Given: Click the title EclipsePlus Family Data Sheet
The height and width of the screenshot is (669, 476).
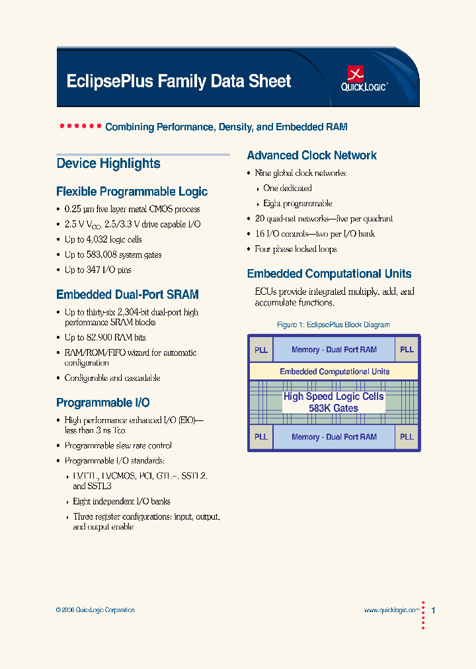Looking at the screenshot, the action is pos(178,81).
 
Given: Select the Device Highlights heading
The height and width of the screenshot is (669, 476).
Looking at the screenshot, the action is pos(108,163).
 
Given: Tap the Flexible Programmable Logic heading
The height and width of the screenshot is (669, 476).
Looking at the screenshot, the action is pos(132,192).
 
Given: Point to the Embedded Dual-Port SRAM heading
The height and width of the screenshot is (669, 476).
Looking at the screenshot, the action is pos(128,295).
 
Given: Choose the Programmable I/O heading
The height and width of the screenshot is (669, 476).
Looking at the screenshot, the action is pos(103,403).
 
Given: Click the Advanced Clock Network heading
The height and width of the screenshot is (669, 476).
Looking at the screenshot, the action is pos(311,155).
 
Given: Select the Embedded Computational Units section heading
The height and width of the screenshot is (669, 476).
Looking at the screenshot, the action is pos(329,274).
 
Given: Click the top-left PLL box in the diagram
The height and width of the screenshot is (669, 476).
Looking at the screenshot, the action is pos(261,350).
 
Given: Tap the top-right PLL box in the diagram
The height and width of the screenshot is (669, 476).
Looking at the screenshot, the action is pos(407,350).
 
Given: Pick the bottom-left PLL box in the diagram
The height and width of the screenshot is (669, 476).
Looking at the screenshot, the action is pos(261,437).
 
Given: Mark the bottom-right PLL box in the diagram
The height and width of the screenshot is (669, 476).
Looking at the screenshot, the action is pos(407,437).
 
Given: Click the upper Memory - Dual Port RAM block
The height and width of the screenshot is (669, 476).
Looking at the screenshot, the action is pos(334,350).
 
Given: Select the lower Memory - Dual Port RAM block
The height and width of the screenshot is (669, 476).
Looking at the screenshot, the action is pos(334,437).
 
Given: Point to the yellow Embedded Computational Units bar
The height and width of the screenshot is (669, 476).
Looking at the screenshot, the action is pos(335,372).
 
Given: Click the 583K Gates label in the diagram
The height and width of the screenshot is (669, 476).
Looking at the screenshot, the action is pos(333,409).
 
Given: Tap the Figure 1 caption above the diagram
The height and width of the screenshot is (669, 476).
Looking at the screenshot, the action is pos(333,325).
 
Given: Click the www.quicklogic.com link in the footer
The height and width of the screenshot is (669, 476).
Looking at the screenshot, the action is pos(391,610).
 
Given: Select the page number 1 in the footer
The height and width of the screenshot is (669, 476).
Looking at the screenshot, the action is pos(433,610).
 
